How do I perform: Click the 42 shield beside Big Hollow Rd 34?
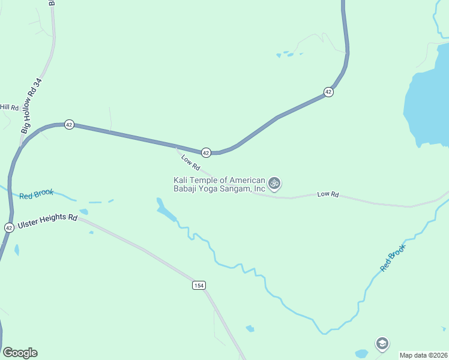coord(70,125)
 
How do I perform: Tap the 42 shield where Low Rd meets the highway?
coord(206,152)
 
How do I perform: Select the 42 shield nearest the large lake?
coord(328,92)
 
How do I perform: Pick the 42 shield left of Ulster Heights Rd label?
coord(8,227)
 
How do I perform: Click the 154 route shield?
coord(199,285)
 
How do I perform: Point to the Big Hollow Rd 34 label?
coord(31,106)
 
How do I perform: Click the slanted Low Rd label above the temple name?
coord(190,162)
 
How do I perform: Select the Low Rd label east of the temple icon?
coord(328,194)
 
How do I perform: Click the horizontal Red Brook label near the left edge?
coord(36,194)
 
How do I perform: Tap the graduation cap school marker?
coord(382,344)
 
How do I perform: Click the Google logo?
coord(20,353)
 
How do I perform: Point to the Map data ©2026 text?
coord(423,355)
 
